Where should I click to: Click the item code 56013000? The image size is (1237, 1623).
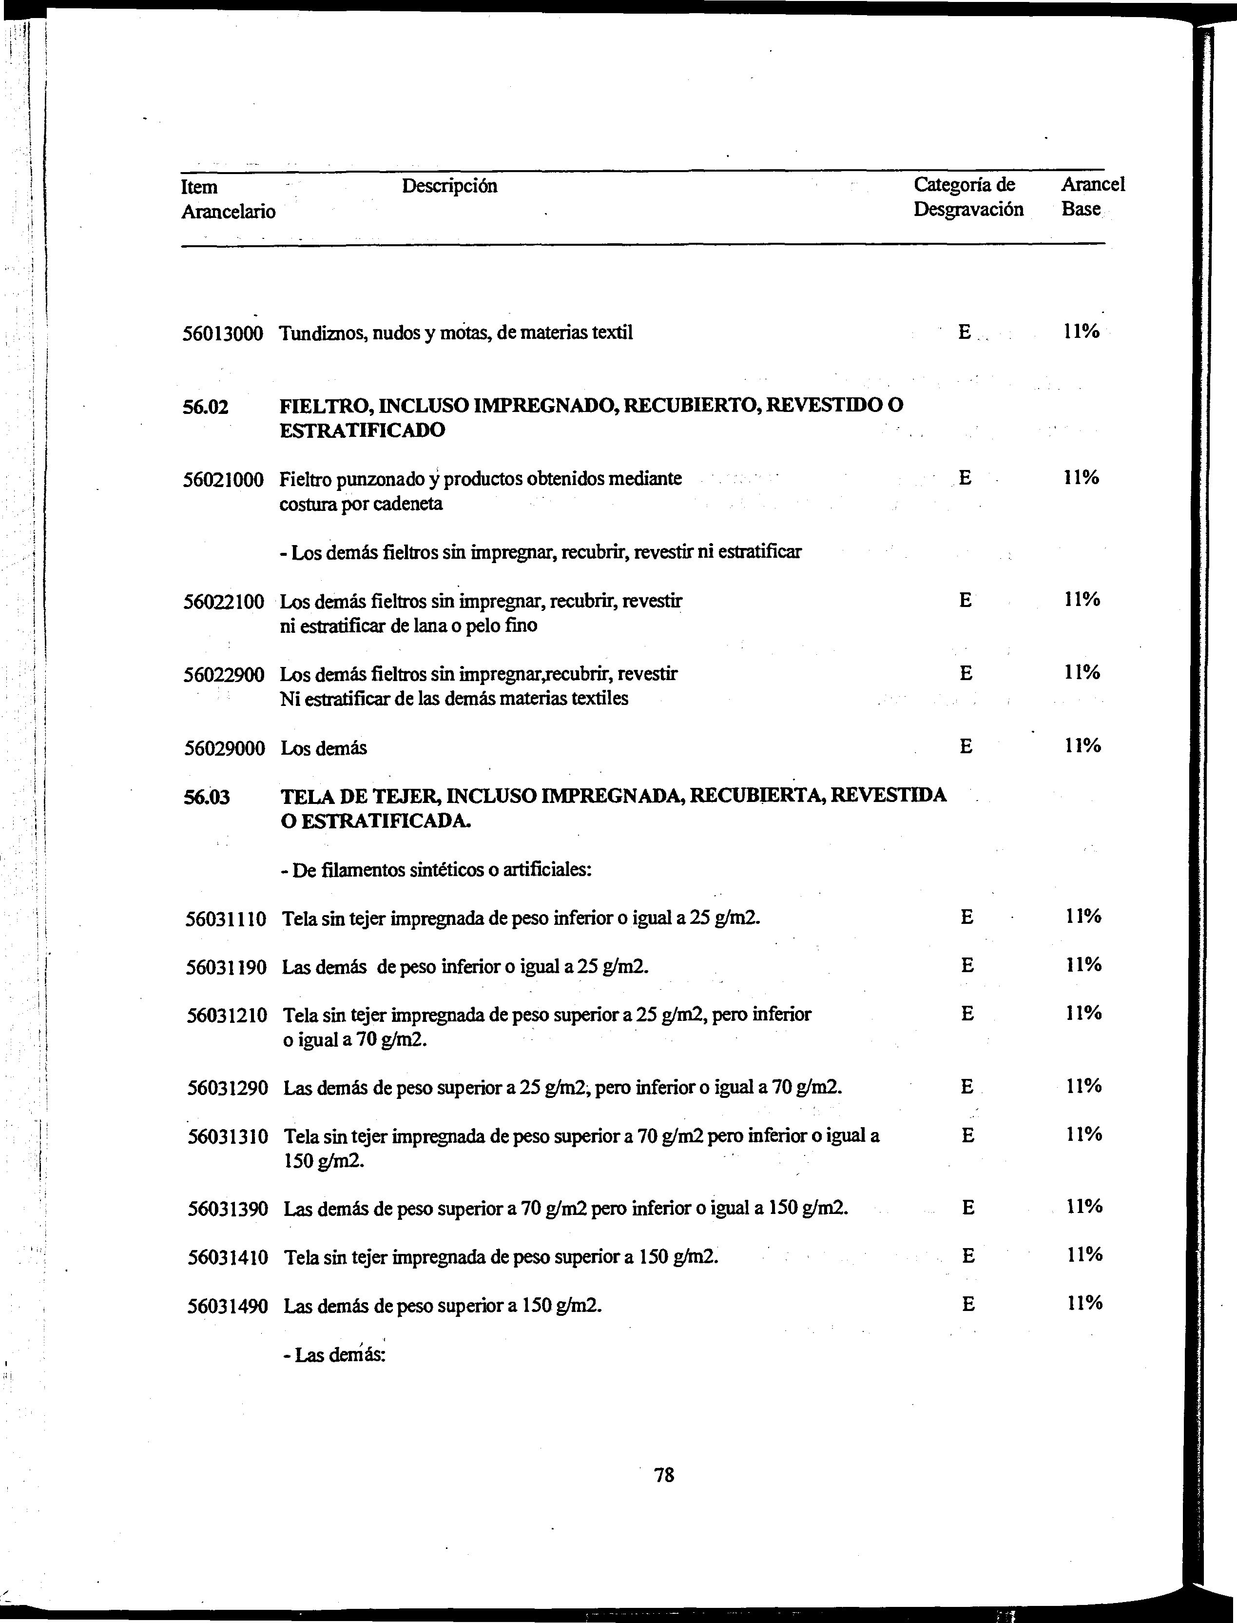click(222, 333)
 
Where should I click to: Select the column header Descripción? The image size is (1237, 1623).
click(449, 186)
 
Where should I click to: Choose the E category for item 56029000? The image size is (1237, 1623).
click(966, 747)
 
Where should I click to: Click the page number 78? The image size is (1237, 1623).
click(664, 1474)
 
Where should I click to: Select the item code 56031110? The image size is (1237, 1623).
click(226, 919)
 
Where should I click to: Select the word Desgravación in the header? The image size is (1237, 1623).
click(968, 210)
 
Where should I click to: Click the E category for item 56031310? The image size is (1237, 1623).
click(967, 1135)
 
